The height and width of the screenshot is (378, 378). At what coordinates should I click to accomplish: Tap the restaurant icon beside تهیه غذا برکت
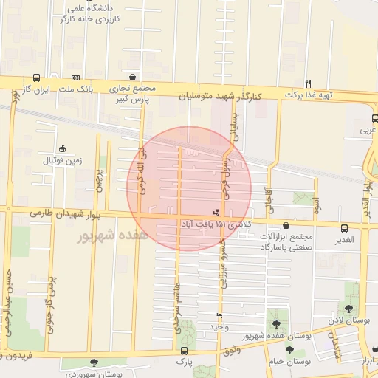click(309, 83)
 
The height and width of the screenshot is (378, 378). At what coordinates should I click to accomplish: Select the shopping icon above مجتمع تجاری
click(132, 77)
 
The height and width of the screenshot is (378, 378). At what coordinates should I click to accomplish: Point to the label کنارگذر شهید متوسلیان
click(221, 96)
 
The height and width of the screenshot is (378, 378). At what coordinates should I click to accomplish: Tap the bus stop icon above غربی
click(375, 118)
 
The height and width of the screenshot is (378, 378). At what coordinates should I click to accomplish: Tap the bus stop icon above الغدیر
click(344, 228)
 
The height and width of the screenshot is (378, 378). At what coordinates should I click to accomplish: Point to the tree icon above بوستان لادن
click(348, 309)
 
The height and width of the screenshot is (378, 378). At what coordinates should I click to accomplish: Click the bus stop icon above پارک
click(184, 351)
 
